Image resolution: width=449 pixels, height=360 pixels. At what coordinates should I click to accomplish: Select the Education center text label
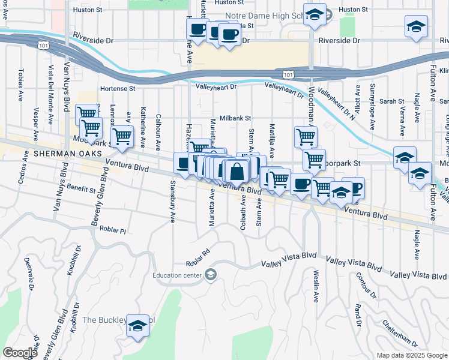[x=178, y=275]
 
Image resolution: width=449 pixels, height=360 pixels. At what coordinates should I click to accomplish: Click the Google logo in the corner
[x=20, y=353]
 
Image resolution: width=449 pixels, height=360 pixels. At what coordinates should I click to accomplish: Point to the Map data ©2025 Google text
[x=411, y=355]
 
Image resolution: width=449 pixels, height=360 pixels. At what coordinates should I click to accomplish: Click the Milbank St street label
[x=235, y=119]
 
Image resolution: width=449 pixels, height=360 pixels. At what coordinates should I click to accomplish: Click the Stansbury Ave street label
[x=173, y=200]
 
